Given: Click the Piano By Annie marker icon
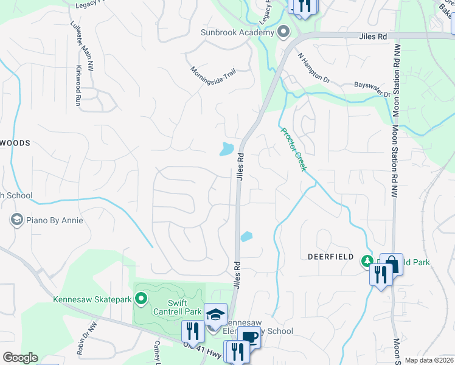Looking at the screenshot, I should click(x=17, y=220).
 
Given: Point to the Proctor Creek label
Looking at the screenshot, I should click(x=293, y=149).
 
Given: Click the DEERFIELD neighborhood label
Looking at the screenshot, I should click(x=330, y=257).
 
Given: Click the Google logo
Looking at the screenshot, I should click(x=20, y=358).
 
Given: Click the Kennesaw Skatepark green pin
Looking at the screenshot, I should click(x=141, y=298).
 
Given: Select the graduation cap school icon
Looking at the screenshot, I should click(x=215, y=315).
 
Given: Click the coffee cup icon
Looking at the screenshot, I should click(x=249, y=338).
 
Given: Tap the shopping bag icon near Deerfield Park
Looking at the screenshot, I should click(x=392, y=264).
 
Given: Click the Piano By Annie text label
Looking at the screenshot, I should click(x=55, y=220).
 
